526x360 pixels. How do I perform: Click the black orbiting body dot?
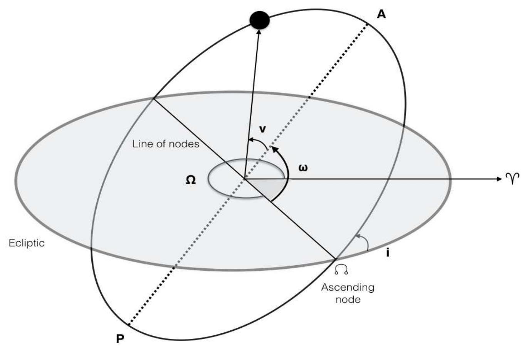pyautogui.click(x=259, y=20)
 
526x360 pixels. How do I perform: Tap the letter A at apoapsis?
pyautogui.click(x=381, y=14)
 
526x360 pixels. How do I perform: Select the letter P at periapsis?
pyautogui.click(x=120, y=339)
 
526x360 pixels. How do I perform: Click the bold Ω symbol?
pyautogui.click(x=191, y=180)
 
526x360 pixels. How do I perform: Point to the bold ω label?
pyautogui.click(x=303, y=168)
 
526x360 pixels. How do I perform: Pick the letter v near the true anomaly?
pyautogui.click(x=262, y=129)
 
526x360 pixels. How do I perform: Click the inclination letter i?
pyautogui.click(x=388, y=253)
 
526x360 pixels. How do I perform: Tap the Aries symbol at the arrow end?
pyautogui.click(x=513, y=179)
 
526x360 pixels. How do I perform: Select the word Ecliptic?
pyautogui.click(x=27, y=243)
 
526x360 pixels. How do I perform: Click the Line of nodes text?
pyautogui.click(x=166, y=144)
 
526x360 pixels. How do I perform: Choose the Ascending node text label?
pyautogui.click(x=348, y=293)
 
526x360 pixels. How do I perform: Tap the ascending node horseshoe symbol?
pyautogui.click(x=341, y=270)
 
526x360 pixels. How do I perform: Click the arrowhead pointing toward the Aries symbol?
pyautogui.click(x=499, y=179)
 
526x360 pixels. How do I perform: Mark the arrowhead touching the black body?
pyautogui.click(x=259, y=32)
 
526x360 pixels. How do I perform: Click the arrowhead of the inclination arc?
pyautogui.click(x=357, y=236)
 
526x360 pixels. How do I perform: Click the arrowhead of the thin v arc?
pyautogui.click(x=250, y=140)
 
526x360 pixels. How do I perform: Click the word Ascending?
pyautogui.click(x=348, y=288)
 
